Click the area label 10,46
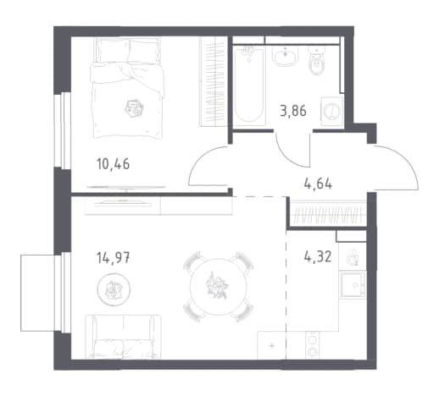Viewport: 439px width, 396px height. (113, 164)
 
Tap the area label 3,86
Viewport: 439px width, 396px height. (293, 111)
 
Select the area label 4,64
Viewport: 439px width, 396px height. (318, 184)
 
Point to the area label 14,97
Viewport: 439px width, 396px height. (113, 258)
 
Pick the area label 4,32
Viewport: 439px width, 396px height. (318, 257)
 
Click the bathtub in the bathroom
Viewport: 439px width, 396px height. (249, 85)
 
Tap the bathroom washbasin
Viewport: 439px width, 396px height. (286, 56)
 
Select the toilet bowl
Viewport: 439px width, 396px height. (318, 61)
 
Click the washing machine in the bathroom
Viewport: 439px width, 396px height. (331, 110)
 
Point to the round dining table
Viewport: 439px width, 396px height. (219, 287)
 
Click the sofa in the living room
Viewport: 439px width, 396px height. (123, 337)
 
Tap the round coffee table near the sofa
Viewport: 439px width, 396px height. (114, 289)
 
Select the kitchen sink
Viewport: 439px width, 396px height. (353, 285)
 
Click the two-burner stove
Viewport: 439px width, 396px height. (313, 344)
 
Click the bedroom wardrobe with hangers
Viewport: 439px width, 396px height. (214, 82)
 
